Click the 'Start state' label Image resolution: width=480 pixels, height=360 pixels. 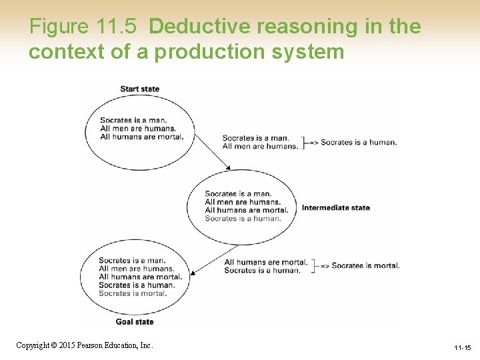pos(139,89)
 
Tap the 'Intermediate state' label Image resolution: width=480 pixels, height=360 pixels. pos(335,207)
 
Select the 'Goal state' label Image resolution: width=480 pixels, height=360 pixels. pos(135,321)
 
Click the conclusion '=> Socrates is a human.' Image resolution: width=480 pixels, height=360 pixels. pos(353,142)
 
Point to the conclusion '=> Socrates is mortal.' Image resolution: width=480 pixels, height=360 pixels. pos(360,265)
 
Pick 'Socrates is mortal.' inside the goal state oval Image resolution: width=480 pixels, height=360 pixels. pos(132,293)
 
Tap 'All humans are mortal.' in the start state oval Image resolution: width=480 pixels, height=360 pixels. pos(141,137)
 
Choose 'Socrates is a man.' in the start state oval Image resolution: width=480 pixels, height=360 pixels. pos(133,121)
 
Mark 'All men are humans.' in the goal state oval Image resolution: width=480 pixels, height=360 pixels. pos(136,269)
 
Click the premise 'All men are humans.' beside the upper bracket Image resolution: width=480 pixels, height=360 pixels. pos(260,147)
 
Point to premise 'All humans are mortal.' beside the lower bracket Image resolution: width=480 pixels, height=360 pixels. pos(266,262)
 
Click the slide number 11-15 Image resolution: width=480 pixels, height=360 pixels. pos(462,348)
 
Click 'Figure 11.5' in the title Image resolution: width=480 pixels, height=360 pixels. pos(83,27)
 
